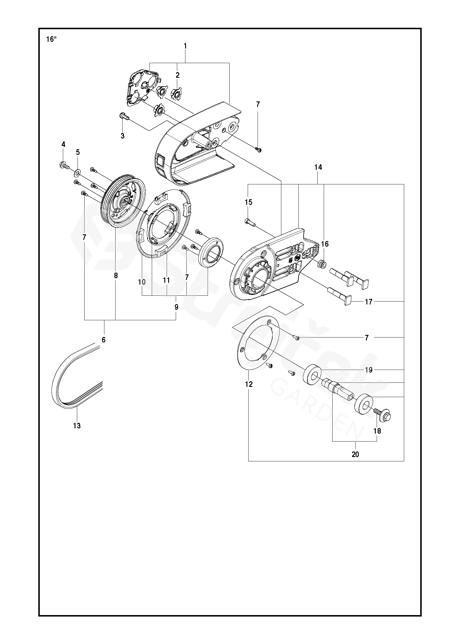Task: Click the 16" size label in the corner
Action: tap(51, 39)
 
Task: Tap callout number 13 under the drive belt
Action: tap(77, 426)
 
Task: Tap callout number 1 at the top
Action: tap(185, 46)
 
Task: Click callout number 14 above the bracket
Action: tap(318, 167)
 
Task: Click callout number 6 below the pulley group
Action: tap(104, 340)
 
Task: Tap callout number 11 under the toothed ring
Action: tap(166, 281)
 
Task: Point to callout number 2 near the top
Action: tap(178, 75)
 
